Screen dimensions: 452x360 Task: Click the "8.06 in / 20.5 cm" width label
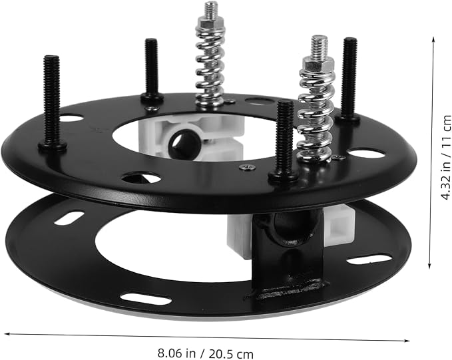point(205,353)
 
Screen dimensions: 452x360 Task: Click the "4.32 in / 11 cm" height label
point(445,157)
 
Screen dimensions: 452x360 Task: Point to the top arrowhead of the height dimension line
point(433,39)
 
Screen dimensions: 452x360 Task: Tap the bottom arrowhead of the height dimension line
point(429,266)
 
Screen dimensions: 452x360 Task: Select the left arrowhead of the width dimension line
point(7,334)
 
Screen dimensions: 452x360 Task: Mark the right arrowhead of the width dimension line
point(407,341)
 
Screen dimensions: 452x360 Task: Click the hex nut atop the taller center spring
point(209,21)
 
